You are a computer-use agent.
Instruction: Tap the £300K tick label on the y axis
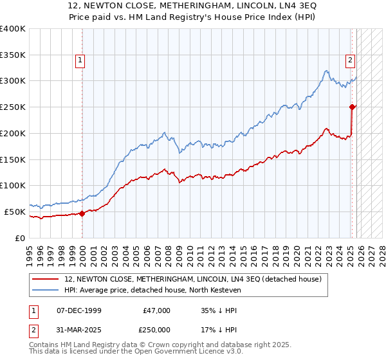point(13,81)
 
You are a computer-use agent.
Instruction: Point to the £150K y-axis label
point(13,159)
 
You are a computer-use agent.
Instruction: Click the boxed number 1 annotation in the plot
point(80,61)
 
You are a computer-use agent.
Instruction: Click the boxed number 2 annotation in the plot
point(350,61)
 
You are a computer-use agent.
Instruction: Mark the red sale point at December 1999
point(82,213)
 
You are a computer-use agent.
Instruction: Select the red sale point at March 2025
point(352,107)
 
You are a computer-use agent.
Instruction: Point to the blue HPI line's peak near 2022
point(327,71)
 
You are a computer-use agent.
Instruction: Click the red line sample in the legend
point(46,279)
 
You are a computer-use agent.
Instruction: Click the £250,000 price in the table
point(156,330)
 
